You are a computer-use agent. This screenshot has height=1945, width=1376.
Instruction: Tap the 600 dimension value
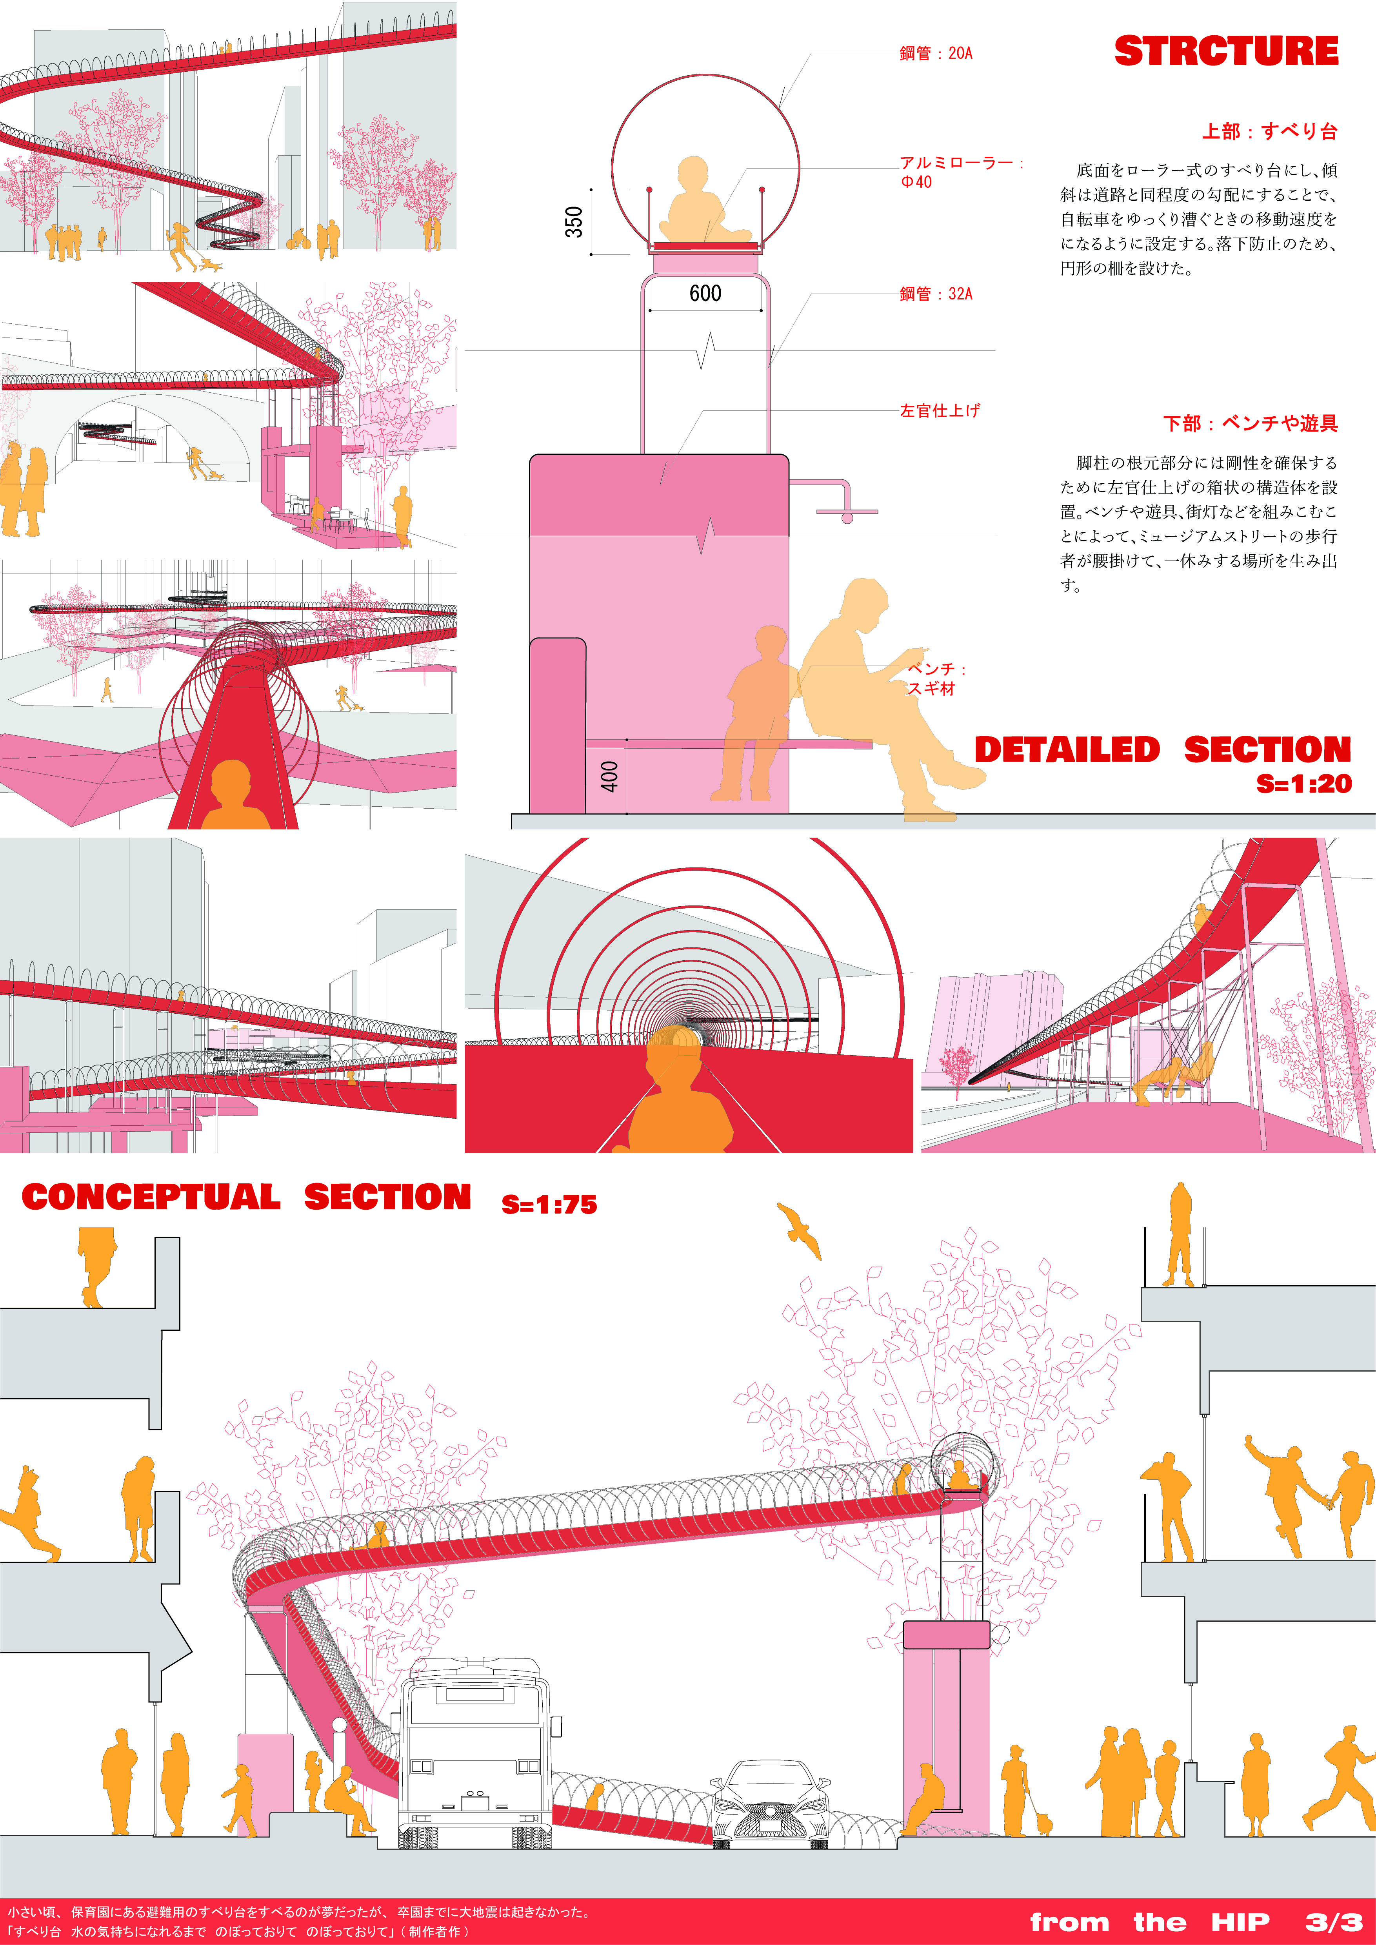[705, 293]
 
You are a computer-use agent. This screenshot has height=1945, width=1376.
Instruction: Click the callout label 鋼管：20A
[936, 53]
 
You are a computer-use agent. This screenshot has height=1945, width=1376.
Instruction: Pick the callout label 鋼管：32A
[936, 294]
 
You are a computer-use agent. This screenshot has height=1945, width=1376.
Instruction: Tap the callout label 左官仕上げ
[940, 411]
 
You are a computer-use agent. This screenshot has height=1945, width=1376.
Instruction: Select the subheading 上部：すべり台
[1269, 131]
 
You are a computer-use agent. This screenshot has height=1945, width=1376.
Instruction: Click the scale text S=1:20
[1304, 784]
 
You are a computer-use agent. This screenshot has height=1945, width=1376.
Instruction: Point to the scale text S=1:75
[549, 1204]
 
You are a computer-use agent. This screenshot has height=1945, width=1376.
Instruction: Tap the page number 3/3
[1334, 1921]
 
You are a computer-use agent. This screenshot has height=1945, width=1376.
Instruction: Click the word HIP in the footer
[1240, 1921]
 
